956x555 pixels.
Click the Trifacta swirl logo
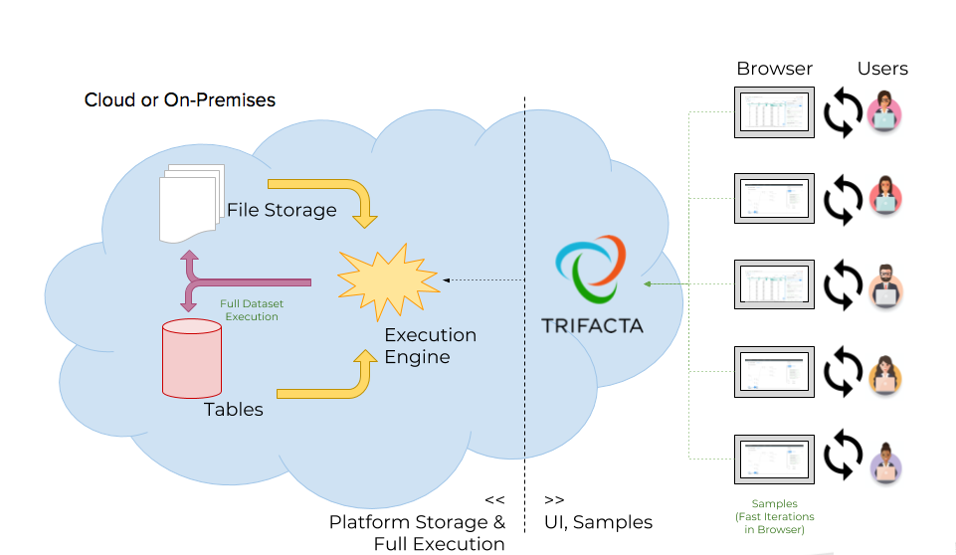[x=591, y=272]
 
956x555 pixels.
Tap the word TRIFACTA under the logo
[x=592, y=325]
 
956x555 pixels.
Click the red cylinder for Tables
[x=191, y=357]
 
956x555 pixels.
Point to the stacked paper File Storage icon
[x=189, y=204]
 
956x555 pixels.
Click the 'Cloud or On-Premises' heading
[x=180, y=100]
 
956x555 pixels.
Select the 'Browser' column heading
[x=774, y=69]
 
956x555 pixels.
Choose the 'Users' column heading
[x=882, y=69]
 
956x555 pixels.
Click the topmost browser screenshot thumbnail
[x=774, y=112]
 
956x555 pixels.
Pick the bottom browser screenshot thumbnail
[x=774, y=460]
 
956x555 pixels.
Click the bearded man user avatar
[x=883, y=285]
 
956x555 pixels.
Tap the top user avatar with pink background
[x=882, y=112]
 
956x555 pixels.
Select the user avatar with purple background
[x=883, y=463]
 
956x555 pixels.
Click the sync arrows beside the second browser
[x=841, y=198]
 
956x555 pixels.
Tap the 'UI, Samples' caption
[x=599, y=521]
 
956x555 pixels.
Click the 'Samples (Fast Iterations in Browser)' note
[x=774, y=517]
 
